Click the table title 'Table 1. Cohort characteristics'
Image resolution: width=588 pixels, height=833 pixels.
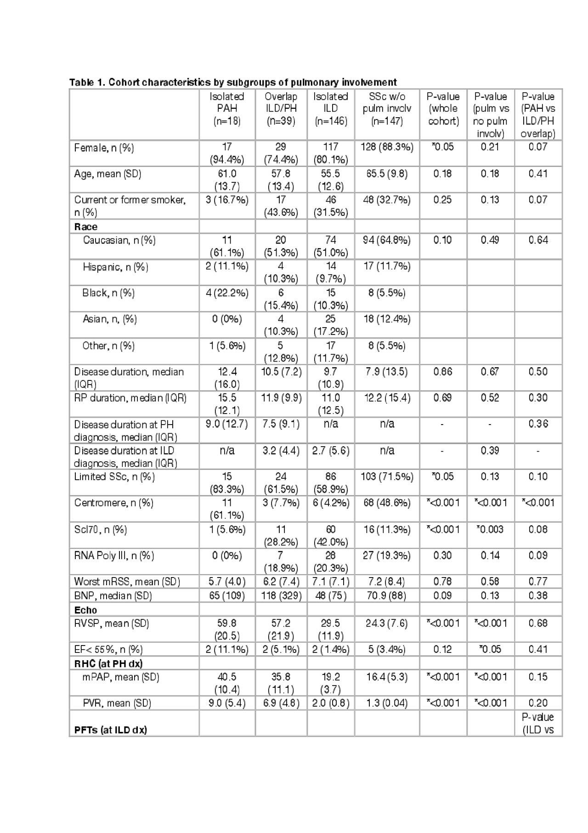(x=233, y=82)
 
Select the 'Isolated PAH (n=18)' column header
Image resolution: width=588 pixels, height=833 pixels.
(x=227, y=109)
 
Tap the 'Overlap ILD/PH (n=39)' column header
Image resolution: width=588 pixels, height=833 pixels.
(x=281, y=109)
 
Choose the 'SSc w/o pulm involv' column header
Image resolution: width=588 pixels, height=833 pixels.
(x=387, y=109)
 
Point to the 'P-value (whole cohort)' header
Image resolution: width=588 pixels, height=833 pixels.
(x=443, y=109)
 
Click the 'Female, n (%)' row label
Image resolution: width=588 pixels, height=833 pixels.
(x=104, y=148)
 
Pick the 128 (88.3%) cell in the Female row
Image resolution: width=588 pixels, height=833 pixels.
(x=387, y=147)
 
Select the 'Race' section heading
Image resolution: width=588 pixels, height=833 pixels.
(x=86, y=227)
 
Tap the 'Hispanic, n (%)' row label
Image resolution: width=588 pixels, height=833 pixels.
(x=116, y=267)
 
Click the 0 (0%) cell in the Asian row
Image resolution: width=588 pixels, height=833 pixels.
(x=227, y=319)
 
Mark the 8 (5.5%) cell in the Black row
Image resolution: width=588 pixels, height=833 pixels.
(x=387, y=293)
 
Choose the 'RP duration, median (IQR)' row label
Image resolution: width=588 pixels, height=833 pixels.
(x=130, y=398)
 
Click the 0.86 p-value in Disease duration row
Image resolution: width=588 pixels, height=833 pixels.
(x=443, y=372)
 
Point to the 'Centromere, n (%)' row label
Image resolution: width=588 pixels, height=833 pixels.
(x=114, y=503)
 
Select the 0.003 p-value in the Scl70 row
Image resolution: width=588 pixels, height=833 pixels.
(x=490, y=529)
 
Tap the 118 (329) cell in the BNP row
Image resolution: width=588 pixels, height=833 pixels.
(x=281, y=595)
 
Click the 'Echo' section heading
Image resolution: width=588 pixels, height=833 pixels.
(x=86, y=610)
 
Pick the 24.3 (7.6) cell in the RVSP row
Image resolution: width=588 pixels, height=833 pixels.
(x=387, y=623)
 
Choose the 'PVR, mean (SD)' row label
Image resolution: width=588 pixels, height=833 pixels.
(x=117, y=703)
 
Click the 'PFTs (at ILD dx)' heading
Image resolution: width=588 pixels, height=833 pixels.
(x=111, y=729)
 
